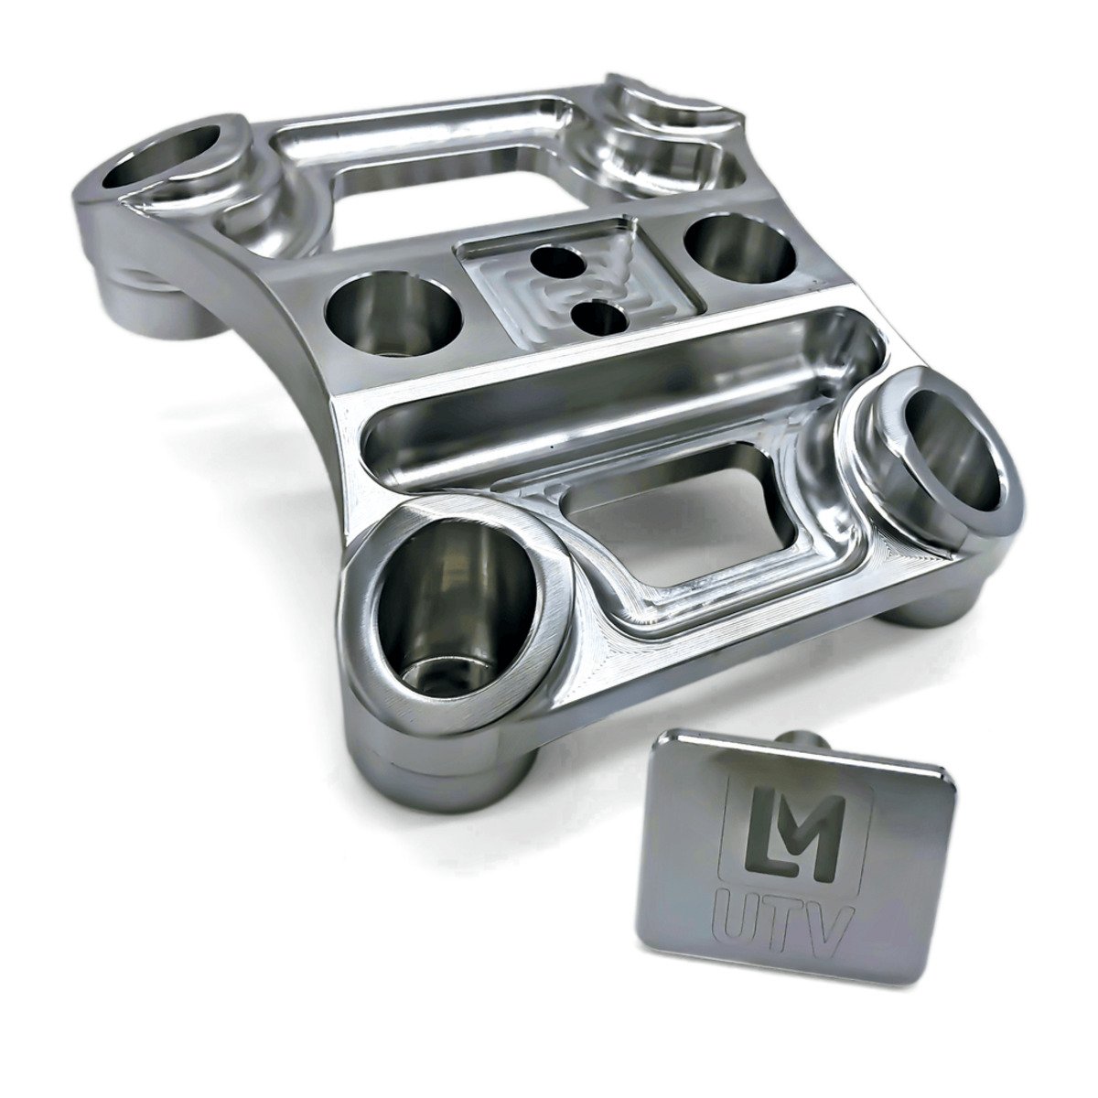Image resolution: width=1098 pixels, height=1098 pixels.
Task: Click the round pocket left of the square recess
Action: click(x=393, y=311)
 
